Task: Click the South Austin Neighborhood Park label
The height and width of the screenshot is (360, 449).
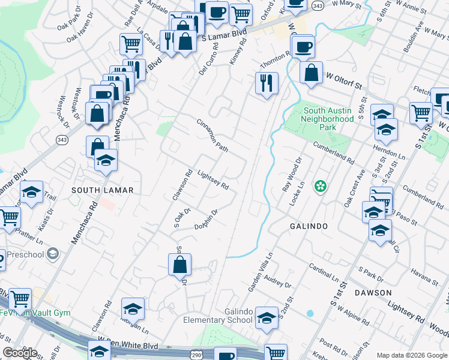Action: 328,119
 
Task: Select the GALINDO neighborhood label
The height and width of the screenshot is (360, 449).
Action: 309,226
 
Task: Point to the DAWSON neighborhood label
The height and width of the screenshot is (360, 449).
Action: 373,293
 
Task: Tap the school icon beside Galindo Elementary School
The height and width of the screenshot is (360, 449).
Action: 267,318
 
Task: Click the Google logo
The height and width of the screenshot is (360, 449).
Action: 20,353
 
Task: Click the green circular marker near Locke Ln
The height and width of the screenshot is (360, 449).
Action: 321,187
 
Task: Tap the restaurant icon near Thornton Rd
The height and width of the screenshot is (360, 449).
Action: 267,82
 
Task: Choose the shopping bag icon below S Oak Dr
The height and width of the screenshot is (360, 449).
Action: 179,263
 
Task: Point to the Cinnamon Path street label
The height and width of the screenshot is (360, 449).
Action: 212,134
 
